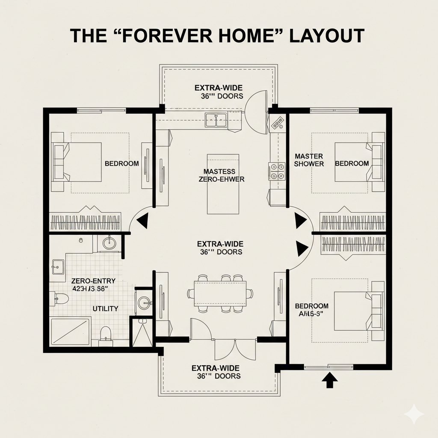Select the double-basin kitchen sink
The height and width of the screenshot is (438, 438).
[x=216, y=120]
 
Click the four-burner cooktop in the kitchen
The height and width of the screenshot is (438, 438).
[x=277, y=171]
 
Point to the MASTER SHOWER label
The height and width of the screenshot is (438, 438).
[x=309, y=160]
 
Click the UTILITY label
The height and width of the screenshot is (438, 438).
[x=105, y=308]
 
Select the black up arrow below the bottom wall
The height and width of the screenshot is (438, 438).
[x=329, y=380]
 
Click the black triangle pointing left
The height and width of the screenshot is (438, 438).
[x=142, y=221]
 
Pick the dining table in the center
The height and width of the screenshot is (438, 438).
[x=220, y=293]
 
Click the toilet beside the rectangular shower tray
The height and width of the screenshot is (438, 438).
[x=105, y=333]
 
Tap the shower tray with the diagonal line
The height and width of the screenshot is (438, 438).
[x=71, y=331]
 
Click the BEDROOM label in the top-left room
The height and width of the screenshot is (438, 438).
[x=121, y=163]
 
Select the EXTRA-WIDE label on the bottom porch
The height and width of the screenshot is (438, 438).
[x=215, y=368]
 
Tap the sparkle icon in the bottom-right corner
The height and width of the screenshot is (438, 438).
[x=414, y=414]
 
